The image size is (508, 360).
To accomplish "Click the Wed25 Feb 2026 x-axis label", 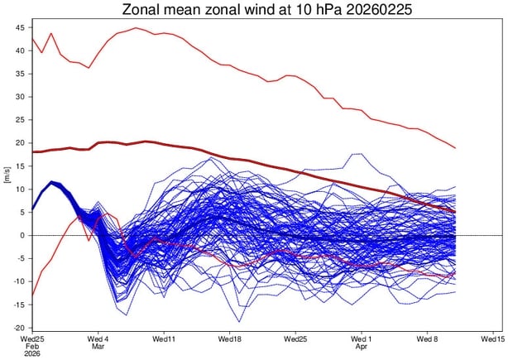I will tap(32, 345).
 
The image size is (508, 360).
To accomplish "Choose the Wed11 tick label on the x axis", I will tap(164, 340).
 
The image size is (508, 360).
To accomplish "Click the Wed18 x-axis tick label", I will tap(229, 340).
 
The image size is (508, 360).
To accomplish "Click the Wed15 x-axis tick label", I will tap(492, 340).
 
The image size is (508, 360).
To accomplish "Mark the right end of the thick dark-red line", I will tap(455, 212).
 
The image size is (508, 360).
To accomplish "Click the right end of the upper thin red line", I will tap(455, 148).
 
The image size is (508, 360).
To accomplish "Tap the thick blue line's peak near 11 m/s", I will tap(52, 182).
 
